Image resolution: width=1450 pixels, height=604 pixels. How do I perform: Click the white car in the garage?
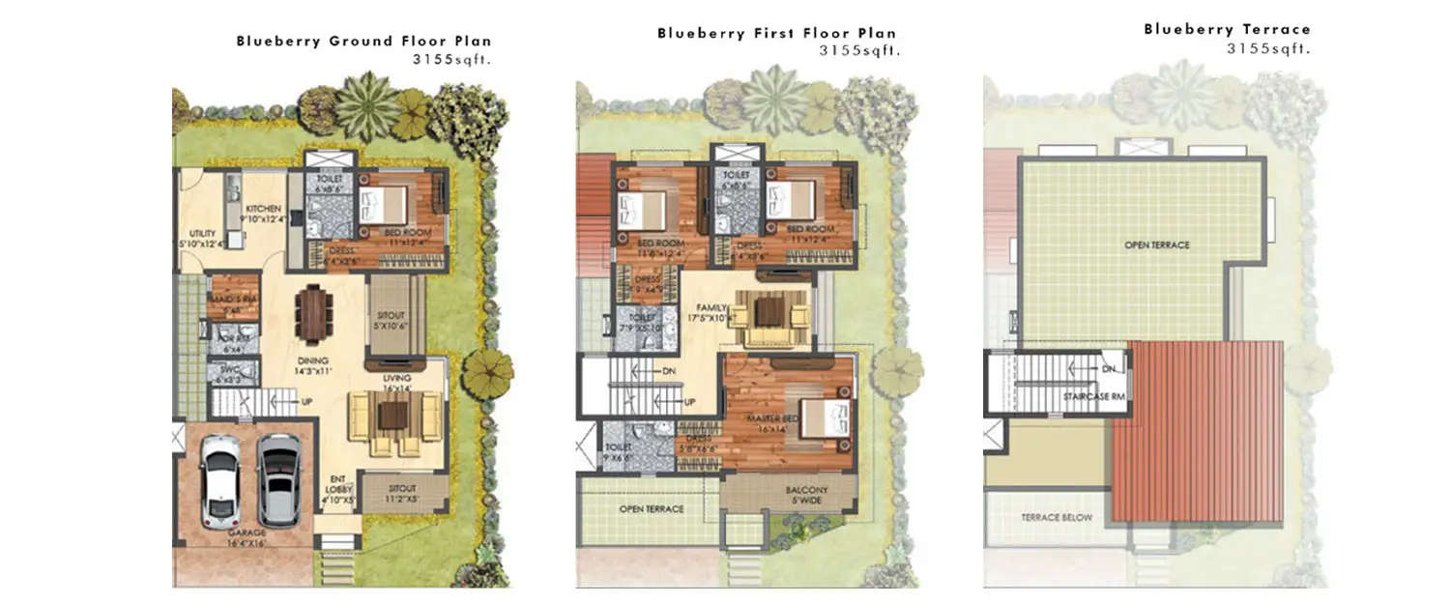[x=220, y=480]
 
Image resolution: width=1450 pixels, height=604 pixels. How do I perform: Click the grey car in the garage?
[x=278, y=479]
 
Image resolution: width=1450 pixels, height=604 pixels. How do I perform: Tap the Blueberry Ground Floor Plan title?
[x=363, y=42]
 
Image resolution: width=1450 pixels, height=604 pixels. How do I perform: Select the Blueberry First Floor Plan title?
[x=776, y=33]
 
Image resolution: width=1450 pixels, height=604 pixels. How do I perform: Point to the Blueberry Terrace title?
[x=1227, y=29]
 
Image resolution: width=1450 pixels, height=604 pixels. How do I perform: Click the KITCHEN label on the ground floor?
[x=263, y=209]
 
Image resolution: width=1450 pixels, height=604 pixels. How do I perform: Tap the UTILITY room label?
[x=202, y=234]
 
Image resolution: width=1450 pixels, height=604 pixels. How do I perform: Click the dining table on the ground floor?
[x=313, y=313]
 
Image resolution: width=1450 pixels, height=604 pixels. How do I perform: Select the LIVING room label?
[x=396, y=378]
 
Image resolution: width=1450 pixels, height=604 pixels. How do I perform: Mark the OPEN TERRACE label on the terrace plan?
[x=1157, y=245]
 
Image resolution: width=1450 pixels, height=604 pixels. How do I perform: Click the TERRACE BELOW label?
[x=1057, y=518]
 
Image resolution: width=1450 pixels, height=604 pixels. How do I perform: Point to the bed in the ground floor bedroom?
[x=384, y=206]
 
